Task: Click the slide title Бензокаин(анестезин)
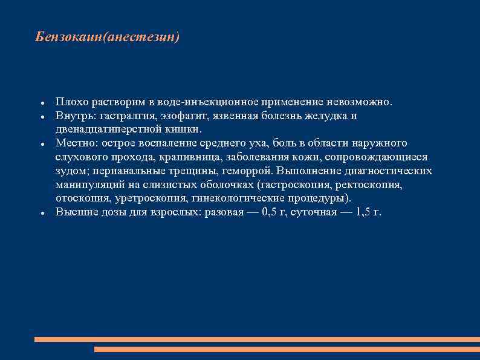coord(108,38)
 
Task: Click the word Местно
coord(73,143)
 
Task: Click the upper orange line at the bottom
coord(257,339)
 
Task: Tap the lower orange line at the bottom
coord(287,349)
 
